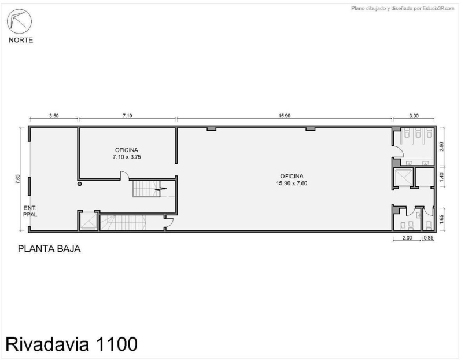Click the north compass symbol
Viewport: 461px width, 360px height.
tap(20, 21)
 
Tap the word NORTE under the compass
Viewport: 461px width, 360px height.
tap(21, 41)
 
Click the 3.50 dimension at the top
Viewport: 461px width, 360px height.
tap(54, 116)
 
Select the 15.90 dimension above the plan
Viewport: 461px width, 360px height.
tap(285, 116)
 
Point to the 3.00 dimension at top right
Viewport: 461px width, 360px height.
tap(414, 116)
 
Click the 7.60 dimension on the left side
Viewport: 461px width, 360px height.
tap(18, 179)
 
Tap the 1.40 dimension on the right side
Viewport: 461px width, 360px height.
tap(441, 177)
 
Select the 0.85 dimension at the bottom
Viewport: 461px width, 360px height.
tap(429, 238)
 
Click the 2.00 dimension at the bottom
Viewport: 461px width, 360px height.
tap(407, 238)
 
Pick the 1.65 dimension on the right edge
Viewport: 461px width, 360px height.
tap(441, 219)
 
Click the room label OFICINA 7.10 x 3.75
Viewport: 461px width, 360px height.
tap(127, 153)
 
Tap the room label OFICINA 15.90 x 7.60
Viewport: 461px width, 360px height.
tap(292, 179)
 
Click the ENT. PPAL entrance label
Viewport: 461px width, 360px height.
tap(30, 211)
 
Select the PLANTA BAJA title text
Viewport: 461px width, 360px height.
tap(49, 249)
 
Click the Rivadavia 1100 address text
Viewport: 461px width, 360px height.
tap(72, 344)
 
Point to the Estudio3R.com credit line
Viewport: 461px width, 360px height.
tap(403, 9)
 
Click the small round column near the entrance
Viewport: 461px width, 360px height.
tap(79, 184)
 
